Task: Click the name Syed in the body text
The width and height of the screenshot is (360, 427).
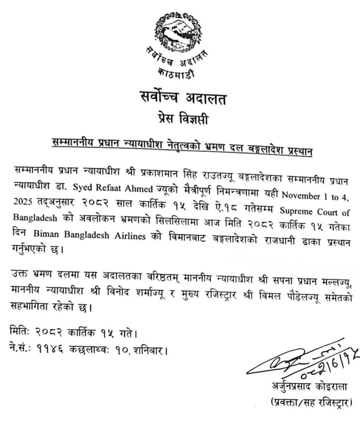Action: click(x=82, y=188)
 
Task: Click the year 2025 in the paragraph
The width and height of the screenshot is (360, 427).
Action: click(x=24, y=202)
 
